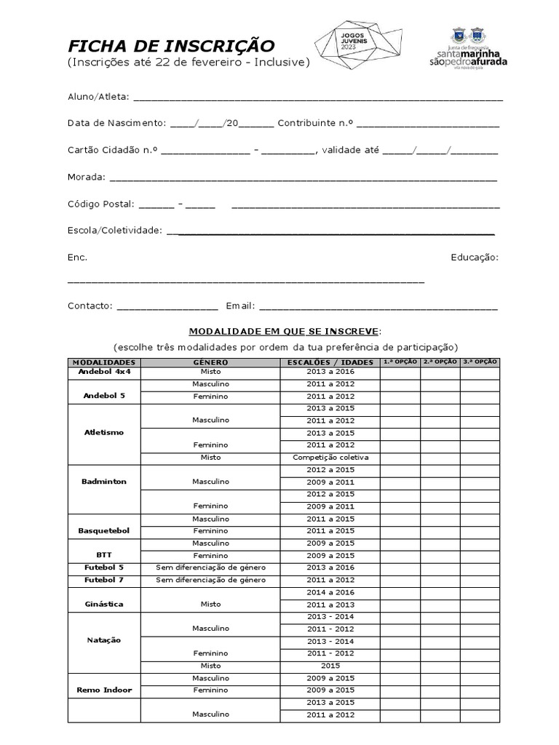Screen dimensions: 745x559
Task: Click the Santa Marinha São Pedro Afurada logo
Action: click(x=468, y=49)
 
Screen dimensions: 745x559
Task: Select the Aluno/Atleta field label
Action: click(x=98, y=96)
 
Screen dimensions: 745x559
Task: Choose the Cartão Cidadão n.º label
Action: click(x=112, y=150)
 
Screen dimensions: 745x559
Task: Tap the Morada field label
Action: click(x=86, y=177)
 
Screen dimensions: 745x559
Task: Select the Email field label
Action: click(x=240, y=306)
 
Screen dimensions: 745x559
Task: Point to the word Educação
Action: click(x=474, y=258)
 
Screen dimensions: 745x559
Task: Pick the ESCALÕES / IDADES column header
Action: click(x=330, y=362)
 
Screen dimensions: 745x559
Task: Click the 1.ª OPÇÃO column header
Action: click(x=400, y=362)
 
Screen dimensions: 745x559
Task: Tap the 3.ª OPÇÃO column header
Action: click(x=480, y=362)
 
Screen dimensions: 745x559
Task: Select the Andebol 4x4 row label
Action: click(x=104, y=371)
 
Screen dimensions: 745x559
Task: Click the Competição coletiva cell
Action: click(x=330, y=457)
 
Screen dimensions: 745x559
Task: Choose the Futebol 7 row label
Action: click(x=104, y=580)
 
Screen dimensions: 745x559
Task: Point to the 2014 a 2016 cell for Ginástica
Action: click(x=330, y=593)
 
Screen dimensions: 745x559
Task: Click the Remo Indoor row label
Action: click(x=104, y=690)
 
